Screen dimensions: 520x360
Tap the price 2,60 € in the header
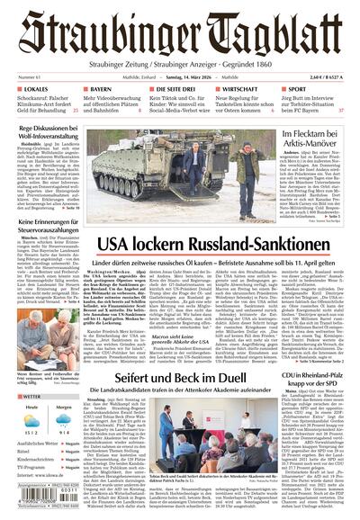coord(312,78)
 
